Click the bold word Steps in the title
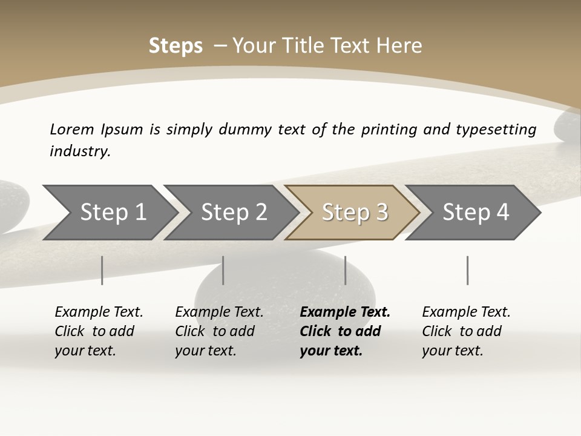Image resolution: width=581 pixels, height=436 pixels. (x=176, y=46)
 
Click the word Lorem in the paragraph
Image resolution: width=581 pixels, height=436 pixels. (x=71, y=129)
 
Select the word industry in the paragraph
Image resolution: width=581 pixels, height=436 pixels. (x=79, y=151)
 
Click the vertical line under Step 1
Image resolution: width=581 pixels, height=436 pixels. (x=102, y=270)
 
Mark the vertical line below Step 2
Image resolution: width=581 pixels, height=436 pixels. (x=223, y=270)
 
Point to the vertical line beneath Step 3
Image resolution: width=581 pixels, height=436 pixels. (x=346, y=270)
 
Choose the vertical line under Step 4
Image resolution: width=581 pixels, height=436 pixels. (x=468, y=270)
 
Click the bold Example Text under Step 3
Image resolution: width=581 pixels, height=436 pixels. (x=345, y=312)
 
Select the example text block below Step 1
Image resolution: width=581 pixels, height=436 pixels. (x=99, y=331)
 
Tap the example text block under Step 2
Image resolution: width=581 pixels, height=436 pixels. (x=219, y=331)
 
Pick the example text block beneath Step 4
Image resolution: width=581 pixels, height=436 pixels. (x=466, y=331)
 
